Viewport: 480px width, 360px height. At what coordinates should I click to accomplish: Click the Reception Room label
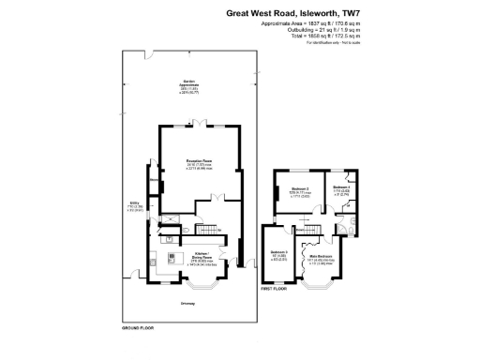point(197,160)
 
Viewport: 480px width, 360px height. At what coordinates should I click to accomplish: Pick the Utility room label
point(133,202)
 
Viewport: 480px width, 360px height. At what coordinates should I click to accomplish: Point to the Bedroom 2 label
point(287,188)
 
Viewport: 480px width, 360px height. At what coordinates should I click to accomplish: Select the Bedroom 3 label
point(279,252)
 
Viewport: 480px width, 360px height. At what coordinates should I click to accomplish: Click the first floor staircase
point(307,228)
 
